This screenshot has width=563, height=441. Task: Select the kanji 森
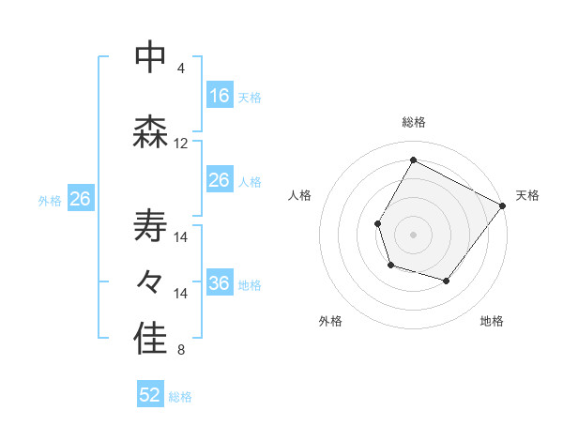click(150, 132)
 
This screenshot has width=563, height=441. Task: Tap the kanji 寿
click(150, 226)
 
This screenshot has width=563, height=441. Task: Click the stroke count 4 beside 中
click(180, 68)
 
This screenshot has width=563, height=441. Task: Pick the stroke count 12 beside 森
click(181, 144)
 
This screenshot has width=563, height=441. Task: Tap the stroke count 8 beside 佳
click(180, 351)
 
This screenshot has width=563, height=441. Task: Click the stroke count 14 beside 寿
click(181, 237)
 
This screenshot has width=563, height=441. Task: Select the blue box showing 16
click(220, 96)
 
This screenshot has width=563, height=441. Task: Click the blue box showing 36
click(220, 283)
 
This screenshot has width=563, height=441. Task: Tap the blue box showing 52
click(150, 396)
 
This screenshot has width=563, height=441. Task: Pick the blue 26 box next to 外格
click(80, 199)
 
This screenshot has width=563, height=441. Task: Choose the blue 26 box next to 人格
click(220, 180)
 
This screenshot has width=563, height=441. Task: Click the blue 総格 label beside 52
click(180, 397)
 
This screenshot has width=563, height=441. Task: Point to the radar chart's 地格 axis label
click(492, 322)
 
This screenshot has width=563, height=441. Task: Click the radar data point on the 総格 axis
click(413, 160)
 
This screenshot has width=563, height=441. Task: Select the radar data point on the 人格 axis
click(377, 223)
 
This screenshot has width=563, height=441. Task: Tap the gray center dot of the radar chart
click(413, 235)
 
